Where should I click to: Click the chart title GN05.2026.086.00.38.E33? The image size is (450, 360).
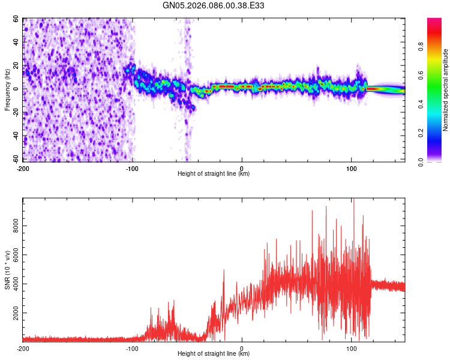tap(214, 5)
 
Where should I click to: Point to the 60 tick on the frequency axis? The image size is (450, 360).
tap(16, 19)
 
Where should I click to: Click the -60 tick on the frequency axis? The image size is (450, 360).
tap(14, 160)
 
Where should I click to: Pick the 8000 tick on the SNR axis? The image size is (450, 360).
tap(13, 227)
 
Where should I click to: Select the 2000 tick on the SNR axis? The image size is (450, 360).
tap(13, 313)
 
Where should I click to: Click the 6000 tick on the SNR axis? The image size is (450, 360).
tap(13, 256)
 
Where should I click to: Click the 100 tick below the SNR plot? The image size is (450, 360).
tap(351, 348)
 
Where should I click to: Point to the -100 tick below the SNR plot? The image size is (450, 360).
tap(132, 348)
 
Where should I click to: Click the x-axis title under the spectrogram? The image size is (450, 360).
tap(214, 174)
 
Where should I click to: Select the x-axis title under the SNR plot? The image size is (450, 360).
tap(214, 353)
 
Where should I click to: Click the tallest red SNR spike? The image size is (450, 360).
tap(353, 200)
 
